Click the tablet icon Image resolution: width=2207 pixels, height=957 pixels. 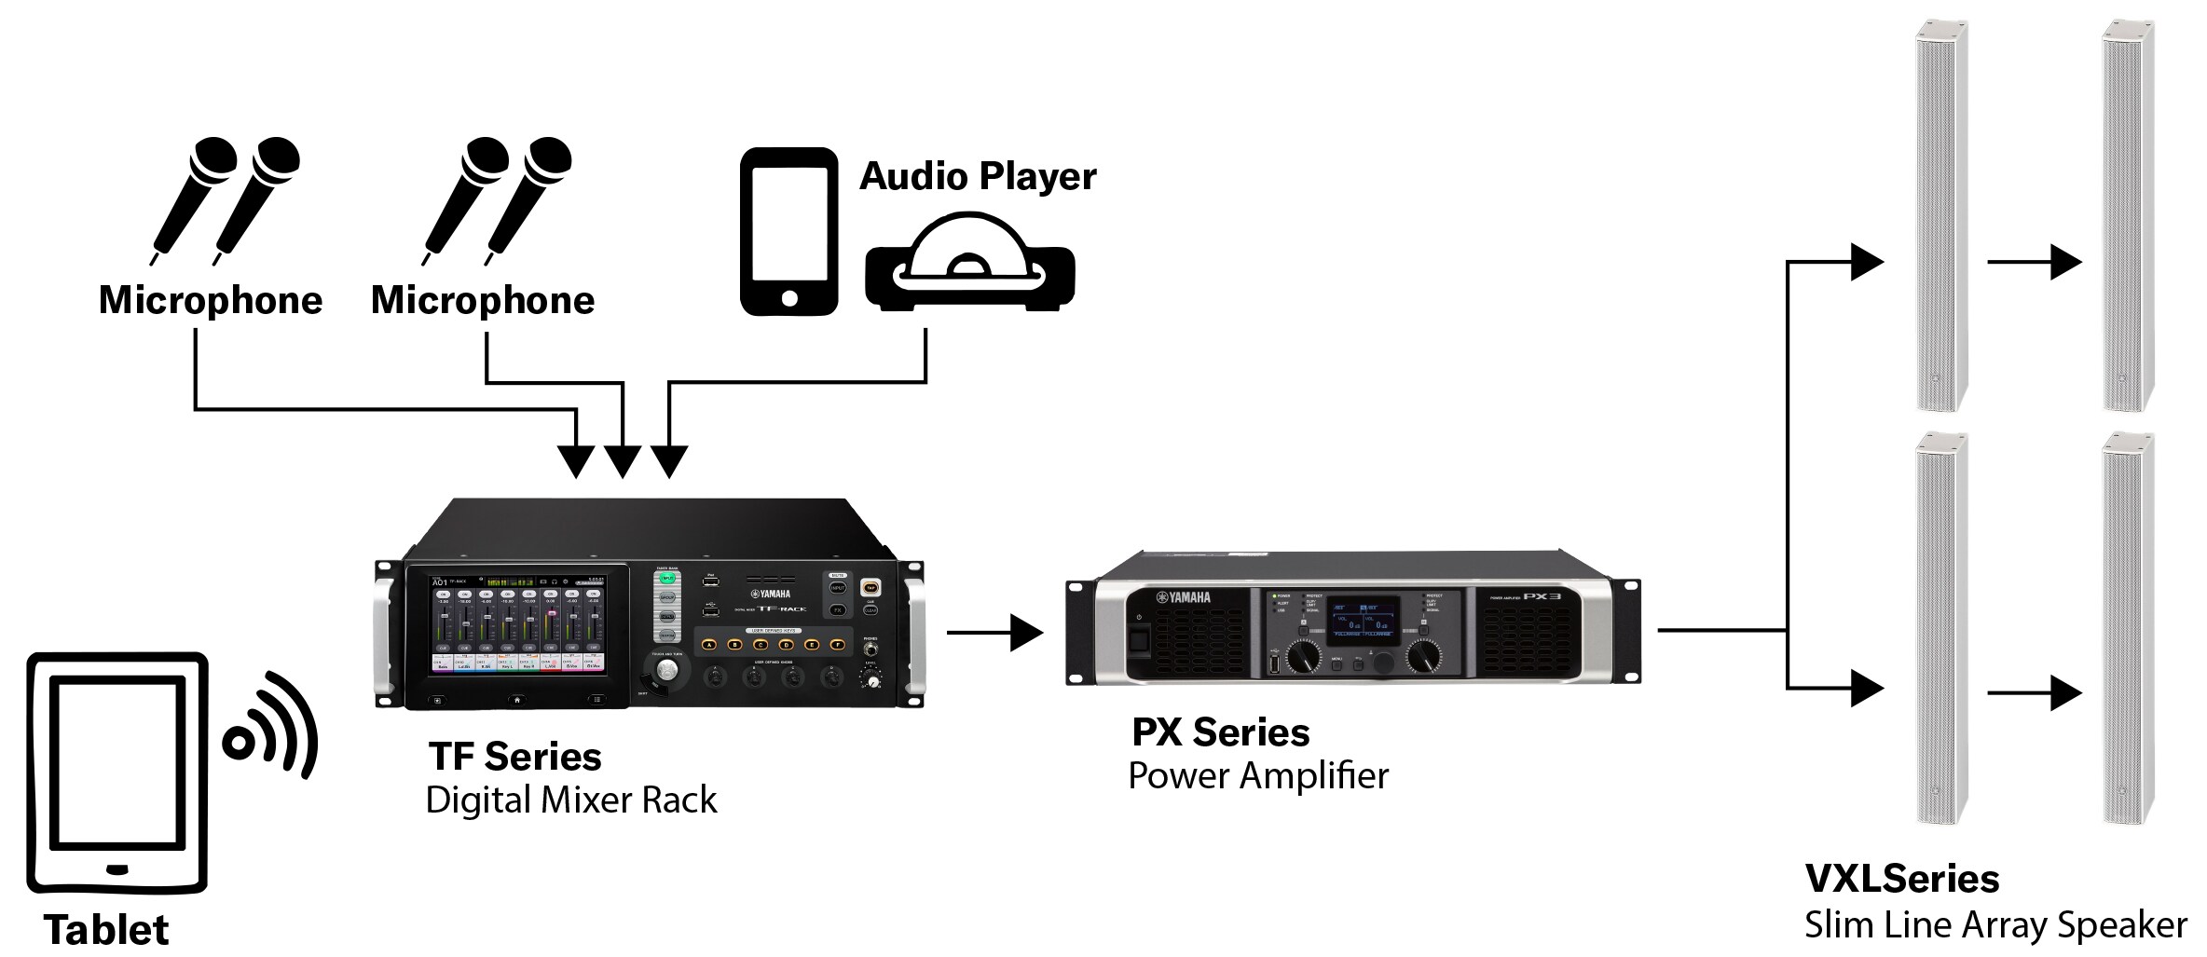coord(117,772)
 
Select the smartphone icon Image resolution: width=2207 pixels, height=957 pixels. coord(788,231)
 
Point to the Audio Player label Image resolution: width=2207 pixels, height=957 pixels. coord(977,176)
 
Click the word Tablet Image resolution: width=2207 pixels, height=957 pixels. coord(106,930)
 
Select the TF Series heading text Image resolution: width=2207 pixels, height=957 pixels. coord(514,757)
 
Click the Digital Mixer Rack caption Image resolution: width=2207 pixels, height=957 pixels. coord(570,800)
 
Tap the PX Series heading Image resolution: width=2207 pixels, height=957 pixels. coord(1220,732)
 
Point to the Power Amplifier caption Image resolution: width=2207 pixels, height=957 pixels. coord(1257,776)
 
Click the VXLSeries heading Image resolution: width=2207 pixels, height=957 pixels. coord(1901,879)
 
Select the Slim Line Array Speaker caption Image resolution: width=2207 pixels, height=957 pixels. coord(1995,925)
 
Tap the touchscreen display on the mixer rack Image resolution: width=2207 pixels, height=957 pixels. coord(517,625)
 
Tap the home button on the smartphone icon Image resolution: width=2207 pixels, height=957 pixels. coord(789,298)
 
